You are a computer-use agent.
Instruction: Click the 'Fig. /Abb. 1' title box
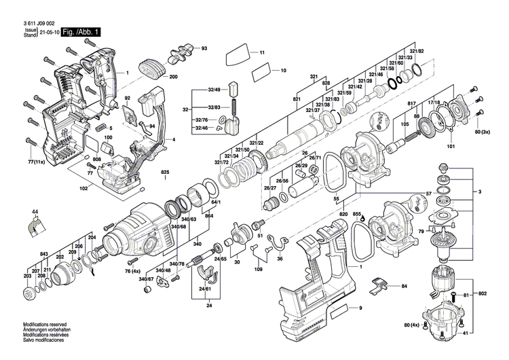[x=81, y=32]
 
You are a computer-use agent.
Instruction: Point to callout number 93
[x=204, y=48]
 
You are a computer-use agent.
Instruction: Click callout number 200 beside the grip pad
[x=173, y=77]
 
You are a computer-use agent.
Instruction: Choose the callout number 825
[x=164, y=173]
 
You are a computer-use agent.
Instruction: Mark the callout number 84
[x=404, y=287]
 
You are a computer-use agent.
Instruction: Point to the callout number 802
[x=483, y=293]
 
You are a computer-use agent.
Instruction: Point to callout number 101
[x=450, y=145]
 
